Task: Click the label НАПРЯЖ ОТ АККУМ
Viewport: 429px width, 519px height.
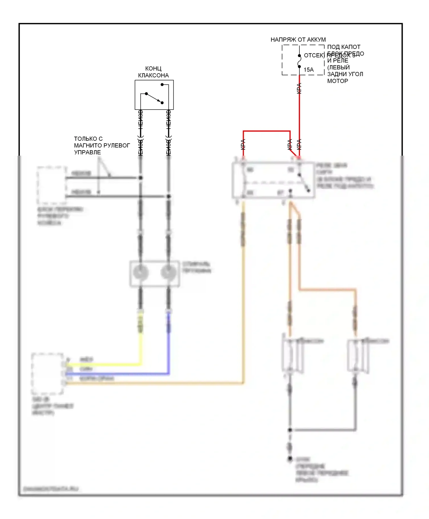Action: click(298, 39)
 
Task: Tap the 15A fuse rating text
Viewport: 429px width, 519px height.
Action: click(309, 70)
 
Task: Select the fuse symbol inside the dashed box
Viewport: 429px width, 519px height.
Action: click(299, 61)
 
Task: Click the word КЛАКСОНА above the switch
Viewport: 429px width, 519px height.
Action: click(153, 75)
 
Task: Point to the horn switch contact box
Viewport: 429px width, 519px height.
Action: click(154, 95)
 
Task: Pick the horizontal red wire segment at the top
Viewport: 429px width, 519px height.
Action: click(267, 131)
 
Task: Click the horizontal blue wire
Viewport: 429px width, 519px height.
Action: click(117, 374)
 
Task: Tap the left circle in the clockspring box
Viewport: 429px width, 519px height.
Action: click(141, 272)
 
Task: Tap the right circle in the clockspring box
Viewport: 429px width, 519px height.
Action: click(168, 272)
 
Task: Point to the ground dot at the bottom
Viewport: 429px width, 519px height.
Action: click(290, 459)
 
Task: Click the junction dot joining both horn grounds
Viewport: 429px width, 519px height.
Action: click(290, 430)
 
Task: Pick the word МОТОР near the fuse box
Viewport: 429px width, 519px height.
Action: click(337, 81)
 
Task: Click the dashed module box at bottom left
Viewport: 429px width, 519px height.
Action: click(47, 374)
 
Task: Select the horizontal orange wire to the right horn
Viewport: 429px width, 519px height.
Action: click(327, 290)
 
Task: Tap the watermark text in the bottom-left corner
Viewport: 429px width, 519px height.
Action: click(51, 489)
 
